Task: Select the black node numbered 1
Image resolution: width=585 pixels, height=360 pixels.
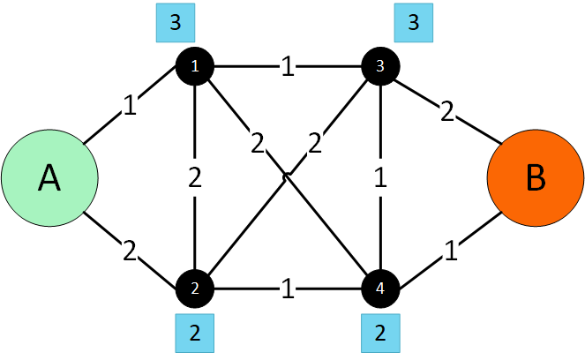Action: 196,66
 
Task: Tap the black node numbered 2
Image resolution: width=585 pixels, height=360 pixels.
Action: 196,288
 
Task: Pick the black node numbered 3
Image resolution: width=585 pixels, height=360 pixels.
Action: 381,66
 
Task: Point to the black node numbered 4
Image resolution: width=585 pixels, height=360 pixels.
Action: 381,288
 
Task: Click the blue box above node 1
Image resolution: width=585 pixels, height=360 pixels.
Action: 175,24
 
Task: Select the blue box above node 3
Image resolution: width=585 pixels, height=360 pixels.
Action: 413,24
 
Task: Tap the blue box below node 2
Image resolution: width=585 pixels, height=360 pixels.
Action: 196,333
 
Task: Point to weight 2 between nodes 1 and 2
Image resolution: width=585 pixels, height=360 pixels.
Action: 196,177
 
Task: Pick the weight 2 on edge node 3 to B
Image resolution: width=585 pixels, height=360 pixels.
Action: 448,111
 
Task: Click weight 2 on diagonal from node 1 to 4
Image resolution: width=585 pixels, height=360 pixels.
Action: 257,142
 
